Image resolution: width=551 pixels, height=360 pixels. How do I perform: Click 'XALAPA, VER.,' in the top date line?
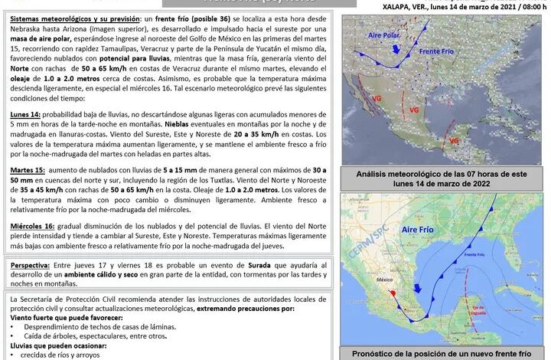(x=405, y=5)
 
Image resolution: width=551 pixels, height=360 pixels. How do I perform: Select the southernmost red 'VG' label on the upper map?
(x=453, y=141)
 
